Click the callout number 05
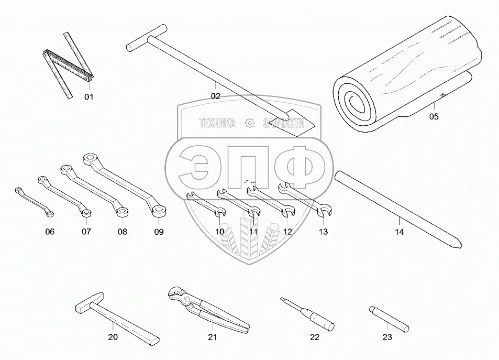[x=434, y=117]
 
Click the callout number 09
[x=159, y=232]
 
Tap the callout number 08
[x=122, y=232]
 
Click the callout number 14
[x=400, y=232]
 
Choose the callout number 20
[x=113, y=337]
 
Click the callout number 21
[x=212, y=337]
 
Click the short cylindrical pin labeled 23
[x=387, y=318]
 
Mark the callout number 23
[x=387, y=337]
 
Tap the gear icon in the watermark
[x=249, y=123]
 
